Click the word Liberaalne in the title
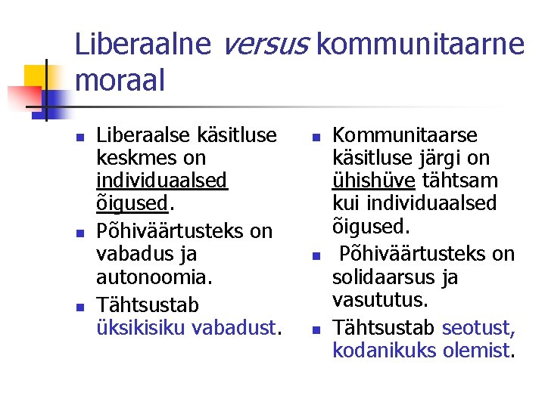143,45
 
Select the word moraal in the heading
120,81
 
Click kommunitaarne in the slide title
420,45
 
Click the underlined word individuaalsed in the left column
162,182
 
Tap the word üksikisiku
142,329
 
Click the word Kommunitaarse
405,135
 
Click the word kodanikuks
385,351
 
